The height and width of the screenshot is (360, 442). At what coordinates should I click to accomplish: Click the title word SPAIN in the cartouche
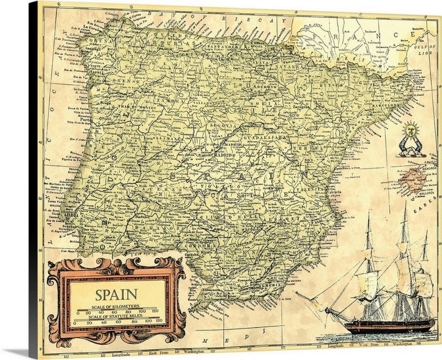pos(116,294)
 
